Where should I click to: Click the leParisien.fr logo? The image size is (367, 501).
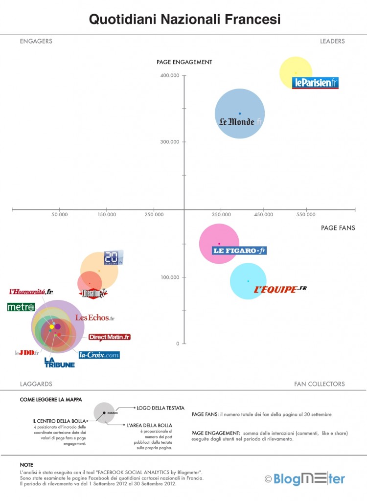pos(315,83)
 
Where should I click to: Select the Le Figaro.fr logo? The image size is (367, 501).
pos(239,250)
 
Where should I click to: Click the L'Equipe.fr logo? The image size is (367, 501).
pos(280,289)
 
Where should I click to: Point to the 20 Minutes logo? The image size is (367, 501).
pos(113,258)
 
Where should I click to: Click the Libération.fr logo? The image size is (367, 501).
pos(93,294)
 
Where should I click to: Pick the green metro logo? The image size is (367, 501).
pos(21,307)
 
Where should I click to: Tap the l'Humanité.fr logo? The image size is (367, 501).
pos(31,292)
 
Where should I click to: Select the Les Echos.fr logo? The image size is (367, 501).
pos(94,318)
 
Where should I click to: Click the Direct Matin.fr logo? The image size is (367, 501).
pos(110,337)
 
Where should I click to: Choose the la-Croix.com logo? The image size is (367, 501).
pos(99,355)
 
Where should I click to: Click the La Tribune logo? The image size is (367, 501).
pos(59,362)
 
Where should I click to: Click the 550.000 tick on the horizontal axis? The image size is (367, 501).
pos(306,214)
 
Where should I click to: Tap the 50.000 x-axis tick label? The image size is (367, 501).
pos(59,214)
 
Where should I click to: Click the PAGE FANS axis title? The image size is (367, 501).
pos(338,228)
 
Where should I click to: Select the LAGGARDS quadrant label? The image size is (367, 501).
pos(36,384)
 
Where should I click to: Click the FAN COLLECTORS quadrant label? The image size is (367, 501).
pos(320,384)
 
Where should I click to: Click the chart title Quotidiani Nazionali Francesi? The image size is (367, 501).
pos(184,20)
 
